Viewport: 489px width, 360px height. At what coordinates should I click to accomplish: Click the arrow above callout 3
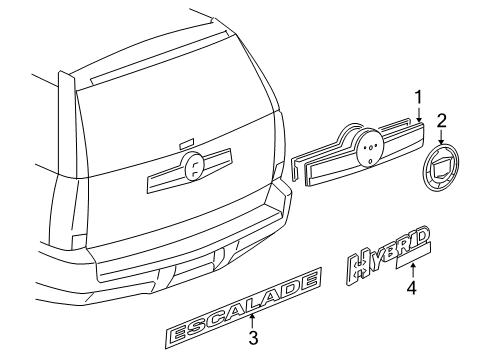tap(253, 318)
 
